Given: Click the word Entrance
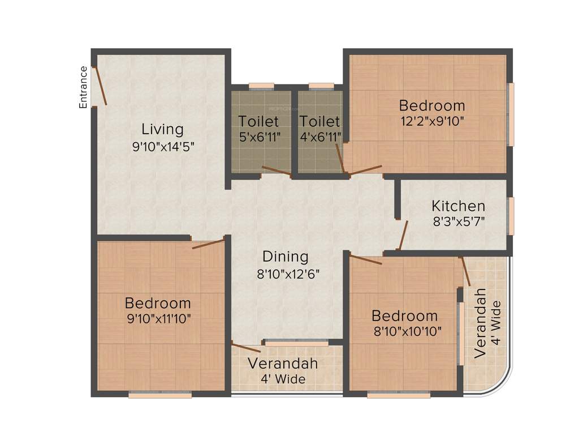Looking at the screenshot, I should (83, 87).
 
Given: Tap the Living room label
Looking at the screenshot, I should (162, 129).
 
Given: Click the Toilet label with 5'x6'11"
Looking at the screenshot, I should (258, 121).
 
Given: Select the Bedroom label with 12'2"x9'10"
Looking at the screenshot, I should (432, 105).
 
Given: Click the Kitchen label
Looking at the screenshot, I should (458, 206).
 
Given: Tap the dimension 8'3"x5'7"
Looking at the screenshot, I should (459, 221).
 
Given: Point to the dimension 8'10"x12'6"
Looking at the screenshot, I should (288, 274).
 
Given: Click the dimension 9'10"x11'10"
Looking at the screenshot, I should (158, 318).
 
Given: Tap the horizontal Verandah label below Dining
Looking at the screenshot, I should (283, 363).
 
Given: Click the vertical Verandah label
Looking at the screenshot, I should (481, 323).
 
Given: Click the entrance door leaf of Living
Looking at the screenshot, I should (100, 86).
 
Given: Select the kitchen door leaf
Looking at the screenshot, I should (403, 235).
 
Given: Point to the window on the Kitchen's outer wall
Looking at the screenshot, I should (511, 216).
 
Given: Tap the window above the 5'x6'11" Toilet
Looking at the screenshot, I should (261, 86).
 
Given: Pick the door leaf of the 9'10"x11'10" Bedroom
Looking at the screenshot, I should (208, 244).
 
